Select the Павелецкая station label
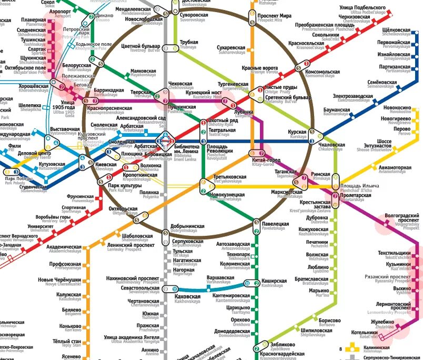click(275, 224)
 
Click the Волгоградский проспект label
click(402, 217)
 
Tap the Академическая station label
click(64, 247)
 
